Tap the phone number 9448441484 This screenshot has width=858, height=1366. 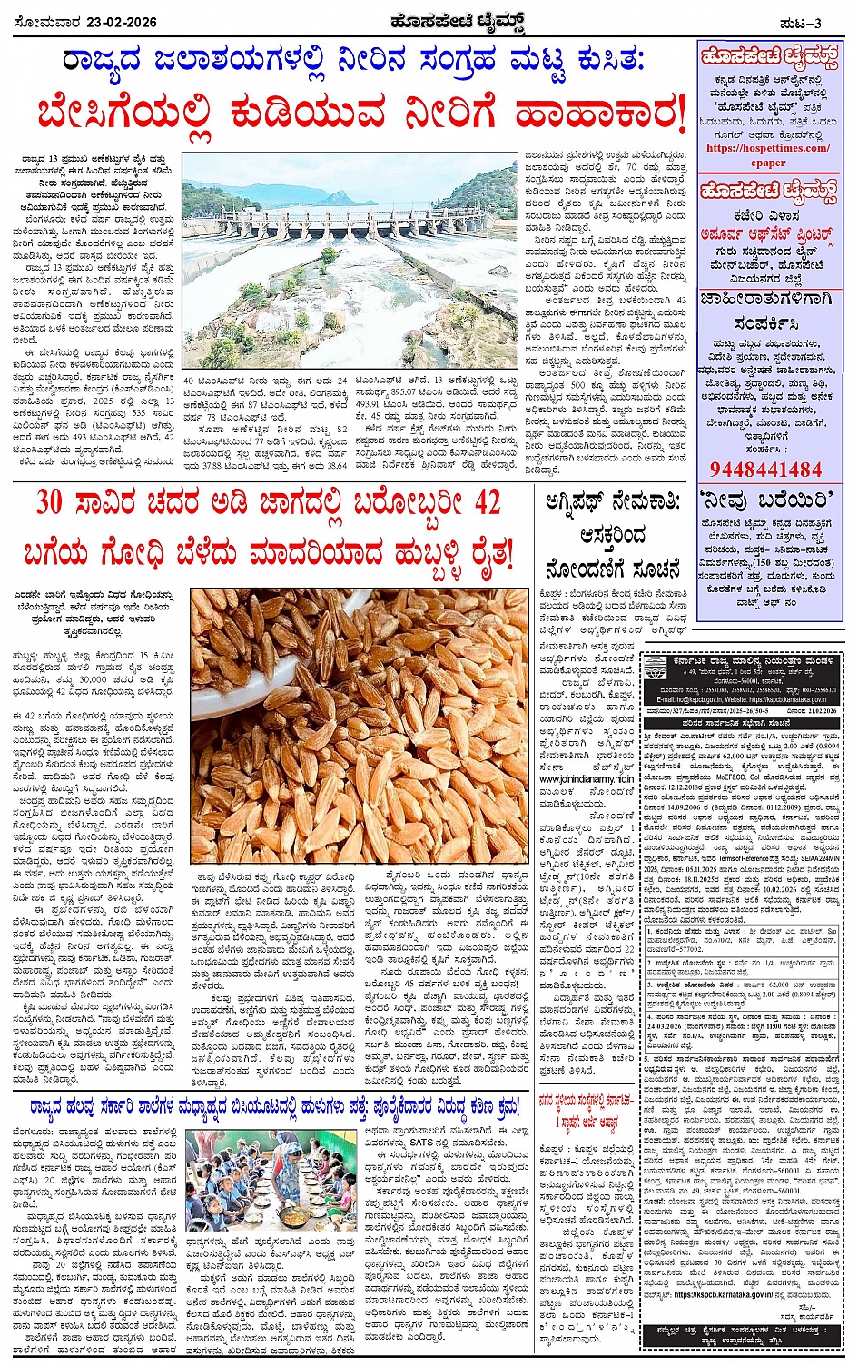(x=765, y=470)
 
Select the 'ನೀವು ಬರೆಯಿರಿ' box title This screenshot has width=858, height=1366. (x=767, y=500)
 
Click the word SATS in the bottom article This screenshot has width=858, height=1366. (x=420, y=1142)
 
